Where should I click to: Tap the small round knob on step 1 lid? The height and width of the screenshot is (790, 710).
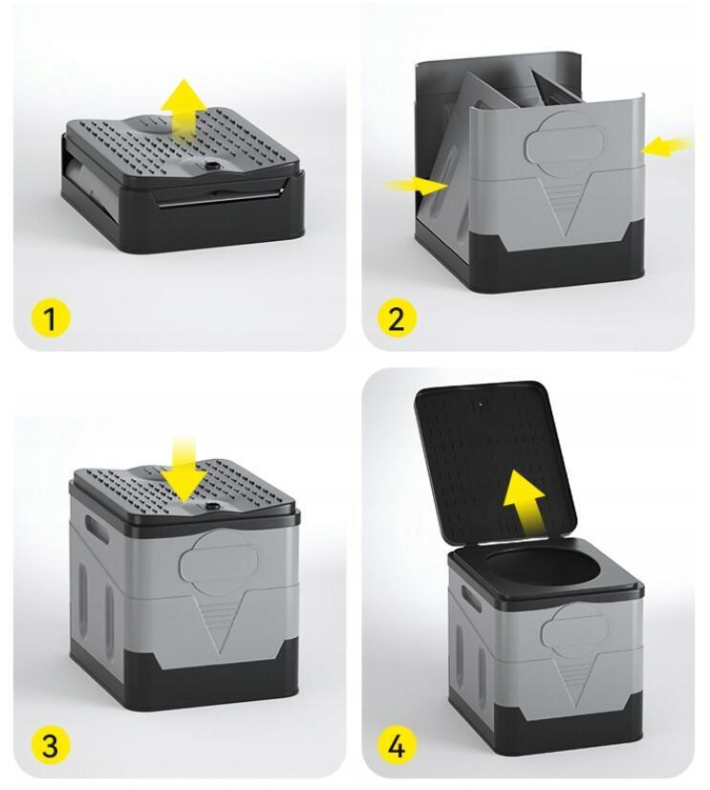coord(208,165)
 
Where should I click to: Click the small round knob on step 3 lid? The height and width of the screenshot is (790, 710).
coord(208,503)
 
